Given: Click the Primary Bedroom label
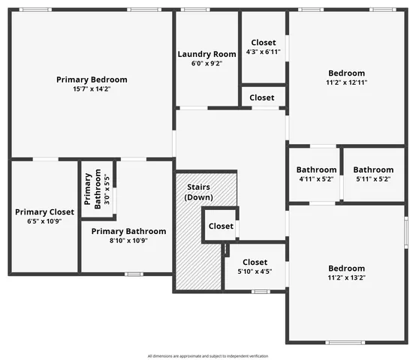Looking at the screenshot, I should [92, 79].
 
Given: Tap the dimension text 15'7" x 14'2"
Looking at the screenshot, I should [92, 89].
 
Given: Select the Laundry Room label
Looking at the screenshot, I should [206, 54].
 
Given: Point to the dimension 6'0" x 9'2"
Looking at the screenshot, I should [206, 64].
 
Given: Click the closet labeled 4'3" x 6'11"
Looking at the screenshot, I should [263, 43].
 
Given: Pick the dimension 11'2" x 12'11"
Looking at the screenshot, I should [346, 83].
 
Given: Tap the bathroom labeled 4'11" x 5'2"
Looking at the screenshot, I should [315, 169].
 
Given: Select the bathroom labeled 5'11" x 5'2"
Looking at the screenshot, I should [373, 169].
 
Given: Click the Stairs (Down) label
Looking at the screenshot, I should [198, 192].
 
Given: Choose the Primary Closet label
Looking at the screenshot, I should [45, 212].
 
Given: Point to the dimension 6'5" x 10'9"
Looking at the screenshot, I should [45, 222].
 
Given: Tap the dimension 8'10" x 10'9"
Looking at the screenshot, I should [128, 241].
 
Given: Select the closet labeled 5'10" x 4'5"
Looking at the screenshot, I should [255, 262].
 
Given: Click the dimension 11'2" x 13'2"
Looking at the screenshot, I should [346, 277].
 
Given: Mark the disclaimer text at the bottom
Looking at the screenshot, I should [208, 355].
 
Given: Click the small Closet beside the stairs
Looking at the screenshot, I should [221, 226].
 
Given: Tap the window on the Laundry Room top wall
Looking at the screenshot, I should [195, 10].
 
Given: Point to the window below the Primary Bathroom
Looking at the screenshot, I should [134, 274].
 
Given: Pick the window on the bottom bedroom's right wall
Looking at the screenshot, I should [406, 234].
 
